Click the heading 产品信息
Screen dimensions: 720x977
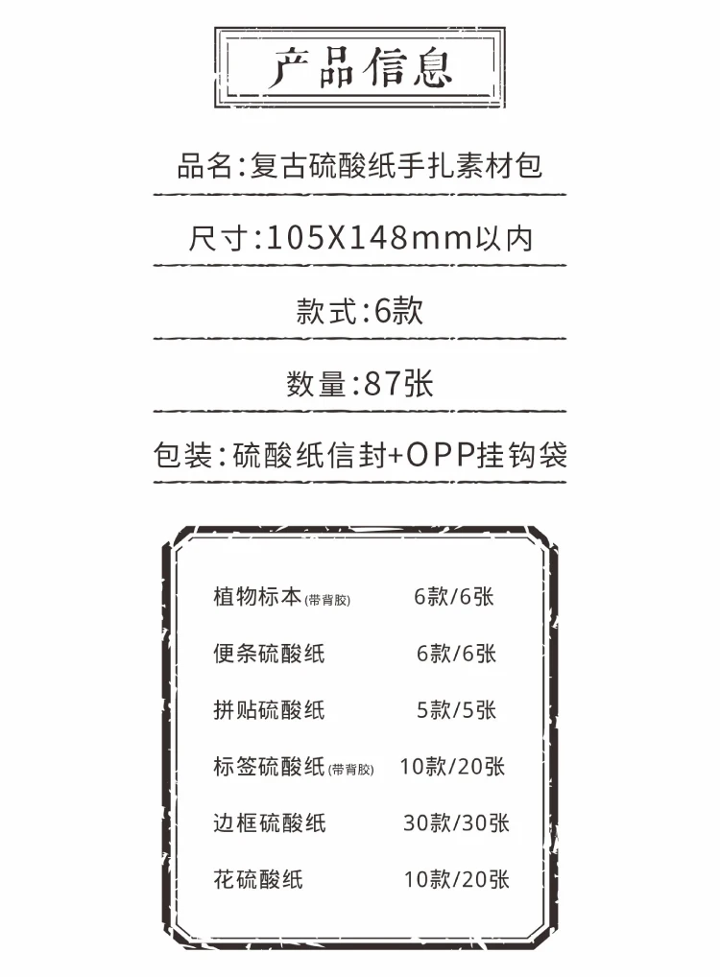(x=360, y=69)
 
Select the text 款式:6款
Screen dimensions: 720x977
(x=360, y=311)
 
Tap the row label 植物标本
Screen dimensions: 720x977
(x=257, y=596)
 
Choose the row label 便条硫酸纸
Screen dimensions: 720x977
(x=269, y=654)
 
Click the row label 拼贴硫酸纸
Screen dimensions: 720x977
(x=269, y=710)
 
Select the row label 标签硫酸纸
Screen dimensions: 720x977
(x=269, y=766)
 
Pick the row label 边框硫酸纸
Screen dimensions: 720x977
(x=269, y=822)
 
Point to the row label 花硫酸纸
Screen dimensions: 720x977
(x=257, y=878)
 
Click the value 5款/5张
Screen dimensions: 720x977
(x=456, y=710)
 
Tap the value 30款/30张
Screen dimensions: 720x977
(x=456, y=822)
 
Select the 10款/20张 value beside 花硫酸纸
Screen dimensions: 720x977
(x=456, y=878)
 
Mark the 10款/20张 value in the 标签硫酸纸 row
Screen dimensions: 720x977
(x=452, y=766)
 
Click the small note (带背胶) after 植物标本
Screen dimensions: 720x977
(x=327, y=601)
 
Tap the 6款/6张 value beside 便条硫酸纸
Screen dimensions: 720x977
(x=456, y=654)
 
